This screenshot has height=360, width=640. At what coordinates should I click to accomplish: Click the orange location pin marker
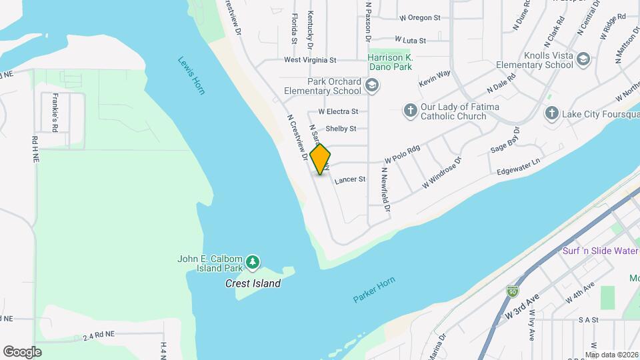pos(321,159)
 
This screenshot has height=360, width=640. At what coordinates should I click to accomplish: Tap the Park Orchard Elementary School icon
pos(372,85)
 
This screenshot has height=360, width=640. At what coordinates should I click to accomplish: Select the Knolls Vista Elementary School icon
pos(583,59)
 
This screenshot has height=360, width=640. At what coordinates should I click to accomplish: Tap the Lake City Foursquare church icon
pos(551,113)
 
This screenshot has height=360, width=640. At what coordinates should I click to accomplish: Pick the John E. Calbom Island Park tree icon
pos(252,263)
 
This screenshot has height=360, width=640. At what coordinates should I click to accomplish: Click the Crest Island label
pos(252,283)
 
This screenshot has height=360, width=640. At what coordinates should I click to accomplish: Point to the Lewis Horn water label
pos(191,75)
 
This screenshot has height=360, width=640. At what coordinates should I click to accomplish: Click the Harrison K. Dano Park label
pos(390,62)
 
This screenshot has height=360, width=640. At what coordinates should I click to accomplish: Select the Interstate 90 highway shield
pos(513,293)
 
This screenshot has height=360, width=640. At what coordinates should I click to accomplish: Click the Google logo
pos(22,351)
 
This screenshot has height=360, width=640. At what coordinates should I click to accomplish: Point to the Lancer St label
pos(350,179)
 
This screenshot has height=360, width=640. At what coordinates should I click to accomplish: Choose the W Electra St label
pos(338,111)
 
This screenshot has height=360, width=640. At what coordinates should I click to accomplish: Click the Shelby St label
pos(341,129)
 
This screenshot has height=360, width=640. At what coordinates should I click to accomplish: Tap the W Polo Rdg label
pos(402,155)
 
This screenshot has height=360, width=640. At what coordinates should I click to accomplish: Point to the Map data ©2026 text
pos(611,355)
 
